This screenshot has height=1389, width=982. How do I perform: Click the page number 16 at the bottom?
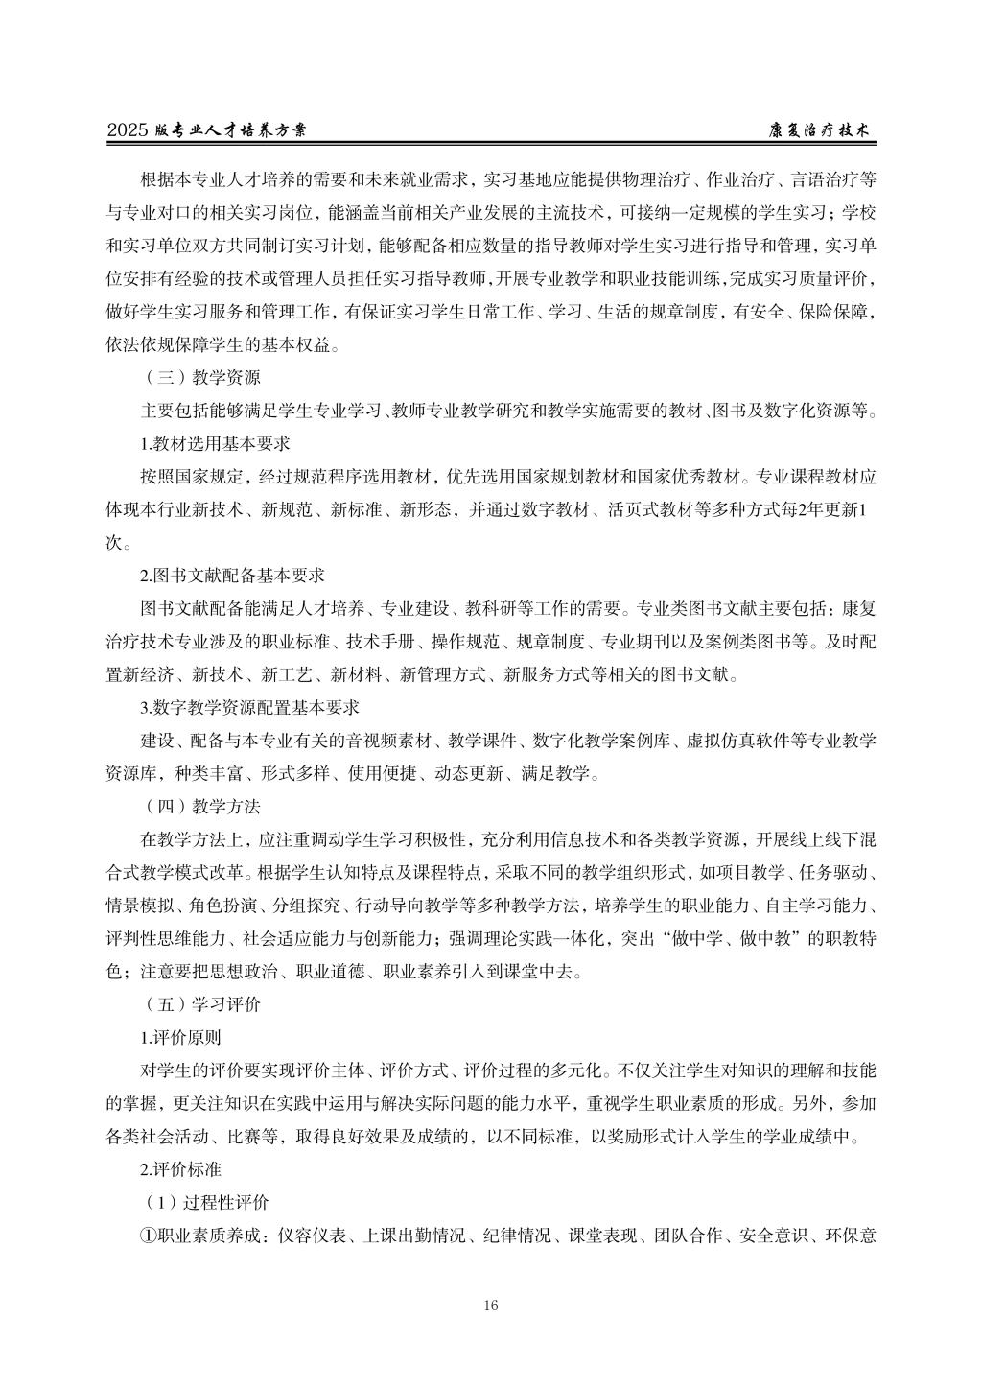pyautogui.click(x=491, y=1305)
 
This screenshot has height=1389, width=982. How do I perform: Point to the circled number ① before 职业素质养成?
pyautogui.click(x=149, y=1236)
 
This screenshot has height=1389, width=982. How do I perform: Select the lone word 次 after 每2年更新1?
pyautogui.click(x=113, y=543)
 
